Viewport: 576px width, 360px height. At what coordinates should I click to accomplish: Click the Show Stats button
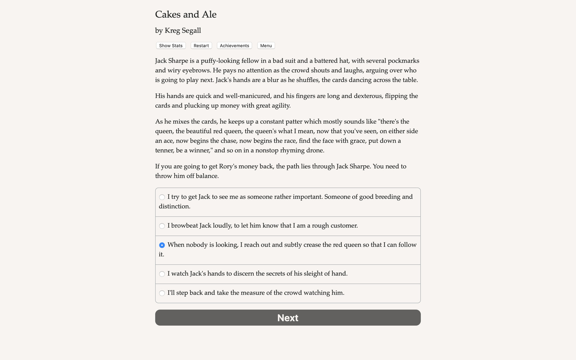(x=171, y=46)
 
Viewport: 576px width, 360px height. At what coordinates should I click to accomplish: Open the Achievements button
(x=234, y=46)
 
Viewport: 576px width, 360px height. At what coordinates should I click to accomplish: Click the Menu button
(x=266, y=46)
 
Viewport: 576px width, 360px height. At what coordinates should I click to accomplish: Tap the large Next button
(x=288, y=318)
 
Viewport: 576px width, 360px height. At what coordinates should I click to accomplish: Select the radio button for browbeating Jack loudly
(x=162, y=226)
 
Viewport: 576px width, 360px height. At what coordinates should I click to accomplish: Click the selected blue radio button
(x=162, y=245)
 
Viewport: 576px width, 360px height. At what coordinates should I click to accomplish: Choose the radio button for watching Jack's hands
(x=162, y=274)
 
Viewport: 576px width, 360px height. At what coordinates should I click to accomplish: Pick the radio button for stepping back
(x=162, y=293)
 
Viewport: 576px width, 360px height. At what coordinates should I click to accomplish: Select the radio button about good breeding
(x=162, y=197)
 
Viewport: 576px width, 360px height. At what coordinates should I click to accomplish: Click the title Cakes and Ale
(x=186, y=14)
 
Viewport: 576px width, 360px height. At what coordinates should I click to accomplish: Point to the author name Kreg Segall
(x=183, y=31)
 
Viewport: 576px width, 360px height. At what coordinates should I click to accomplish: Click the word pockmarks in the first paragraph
(x=403, y=61)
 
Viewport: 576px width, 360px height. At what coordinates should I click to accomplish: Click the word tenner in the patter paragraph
(x=164, y=150)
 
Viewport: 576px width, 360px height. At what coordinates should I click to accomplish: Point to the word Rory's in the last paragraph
(x=228, y=166)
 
